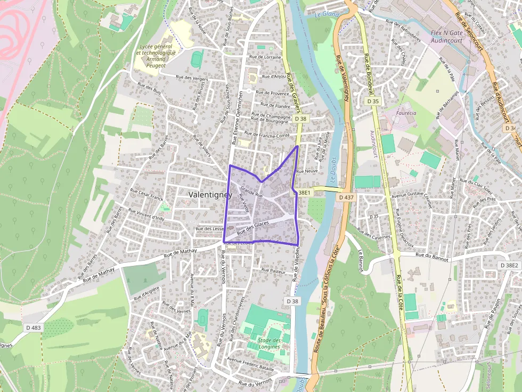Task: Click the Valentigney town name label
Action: (x=210, y=195)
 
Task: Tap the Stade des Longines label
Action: (x=269, y=344)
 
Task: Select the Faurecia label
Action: (x=407, y=113)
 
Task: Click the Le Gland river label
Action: (x=327, y=14)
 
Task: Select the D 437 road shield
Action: (x=346, y=197)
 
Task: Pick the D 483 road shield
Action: (x=32, y=328)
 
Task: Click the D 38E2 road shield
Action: (x=509, y=265)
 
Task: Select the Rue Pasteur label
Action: (x=274, y=270)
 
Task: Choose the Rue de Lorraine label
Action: (x=265, y=56)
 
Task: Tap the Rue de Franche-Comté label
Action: (x=267, y=135)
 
